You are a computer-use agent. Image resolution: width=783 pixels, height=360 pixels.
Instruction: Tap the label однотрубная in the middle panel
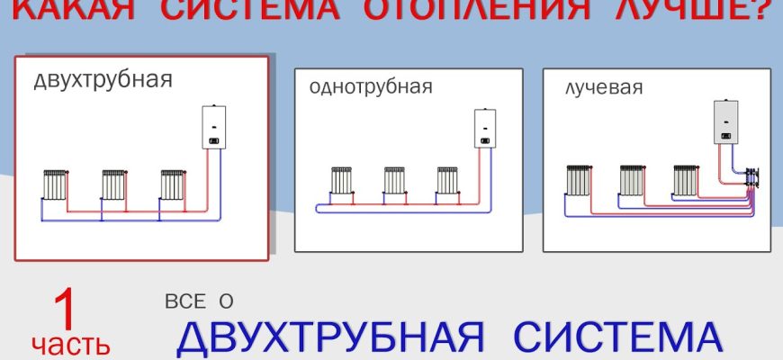[x=371, y=87]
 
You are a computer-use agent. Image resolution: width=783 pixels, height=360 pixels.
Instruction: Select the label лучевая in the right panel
[x=603, y=87]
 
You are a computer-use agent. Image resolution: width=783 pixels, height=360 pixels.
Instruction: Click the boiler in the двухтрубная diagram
[x=212, y=127]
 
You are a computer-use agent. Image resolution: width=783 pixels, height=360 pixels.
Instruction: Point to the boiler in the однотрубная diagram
[x=485, y=129]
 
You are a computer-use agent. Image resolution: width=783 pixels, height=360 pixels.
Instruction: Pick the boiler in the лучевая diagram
[x=727, y=122]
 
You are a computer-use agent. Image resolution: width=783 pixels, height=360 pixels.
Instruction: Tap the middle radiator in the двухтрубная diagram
[x=112, y=184]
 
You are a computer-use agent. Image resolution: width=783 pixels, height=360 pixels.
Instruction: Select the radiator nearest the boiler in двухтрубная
[x=172, y=184]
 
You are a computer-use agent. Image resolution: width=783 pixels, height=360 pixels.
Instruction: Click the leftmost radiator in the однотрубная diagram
[x=341, y=180]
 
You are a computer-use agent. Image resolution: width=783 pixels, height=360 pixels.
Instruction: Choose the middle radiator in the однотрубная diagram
[x=394, y=180]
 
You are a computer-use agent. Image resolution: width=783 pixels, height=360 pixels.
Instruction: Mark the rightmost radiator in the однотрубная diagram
[x=447, y=180]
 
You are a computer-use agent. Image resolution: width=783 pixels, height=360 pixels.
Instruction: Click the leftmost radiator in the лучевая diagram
[x=578, y=180]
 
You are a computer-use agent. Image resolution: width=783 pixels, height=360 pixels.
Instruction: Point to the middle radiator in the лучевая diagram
[x=632, y=180]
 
